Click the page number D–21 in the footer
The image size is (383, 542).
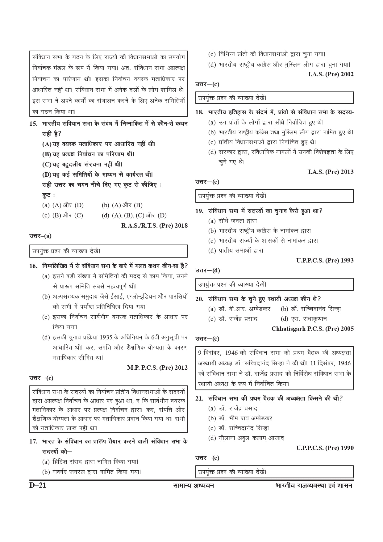(x=38, y=485)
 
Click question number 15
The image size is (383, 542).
(x=33, y=124)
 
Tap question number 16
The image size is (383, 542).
(x=33, y=266)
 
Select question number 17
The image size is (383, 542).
(x=33, y=442)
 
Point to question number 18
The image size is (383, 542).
(x=199, y=112)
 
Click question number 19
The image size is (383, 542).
(x=199, y=211)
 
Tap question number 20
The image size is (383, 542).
(x=199, y=299)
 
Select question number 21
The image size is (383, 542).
(x=199, y=398)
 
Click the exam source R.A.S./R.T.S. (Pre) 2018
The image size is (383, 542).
(x=154, y=225)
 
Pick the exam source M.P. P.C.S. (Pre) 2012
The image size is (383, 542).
(x=157, y=368)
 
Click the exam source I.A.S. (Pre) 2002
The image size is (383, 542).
(x=331, y=74)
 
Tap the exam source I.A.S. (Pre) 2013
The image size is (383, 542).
(x=331, y=172)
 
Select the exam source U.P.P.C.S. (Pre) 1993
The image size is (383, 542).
(x=325, y=260)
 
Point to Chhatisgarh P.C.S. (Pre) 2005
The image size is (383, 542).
(x=313, y=329)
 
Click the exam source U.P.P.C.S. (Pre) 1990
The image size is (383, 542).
(x=325, y=448)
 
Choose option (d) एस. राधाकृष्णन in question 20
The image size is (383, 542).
(x=304, y=319)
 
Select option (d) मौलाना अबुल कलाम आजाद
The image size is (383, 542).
(x=246, y=438)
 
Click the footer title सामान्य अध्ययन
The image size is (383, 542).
(x=194, y=485)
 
